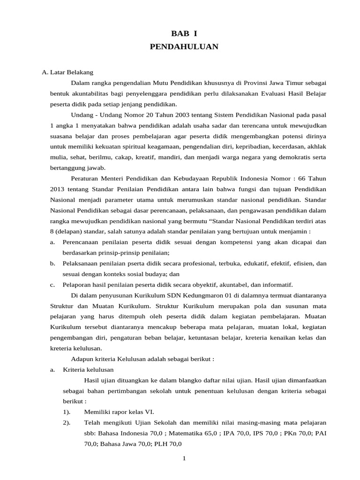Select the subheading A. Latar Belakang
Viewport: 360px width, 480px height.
click(67, 72)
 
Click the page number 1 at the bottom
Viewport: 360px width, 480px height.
click(184, 458)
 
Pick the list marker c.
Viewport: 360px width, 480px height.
click(52, 285)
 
